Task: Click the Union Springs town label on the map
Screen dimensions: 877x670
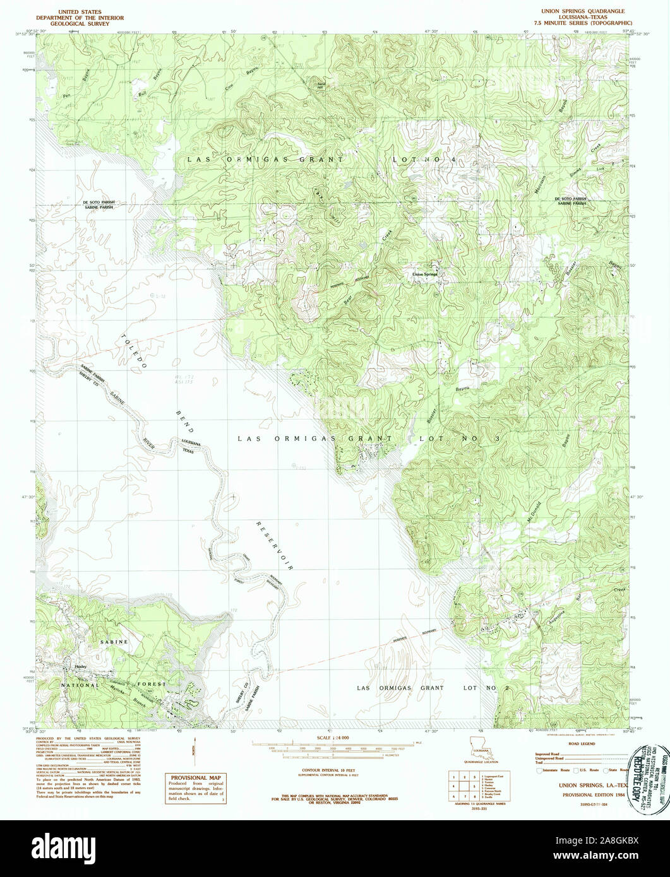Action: click(x=424, y=274)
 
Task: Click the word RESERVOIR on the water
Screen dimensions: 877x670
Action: click(x=275, y=545)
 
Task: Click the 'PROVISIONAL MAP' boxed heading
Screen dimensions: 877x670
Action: click(x=194, y=779)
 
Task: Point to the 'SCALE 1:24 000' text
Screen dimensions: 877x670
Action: click(x=332, y=738)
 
